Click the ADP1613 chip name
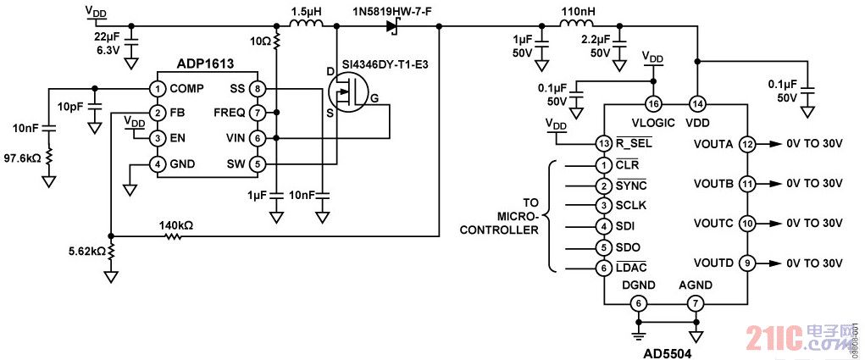[x=205, y=63]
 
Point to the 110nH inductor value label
[x=578, y=13]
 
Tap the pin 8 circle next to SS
[x=258, y=88]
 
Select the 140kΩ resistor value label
[x=176, y=226]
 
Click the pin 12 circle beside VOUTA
[x=746, y=144]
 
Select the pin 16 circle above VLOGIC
[x=652, y=104]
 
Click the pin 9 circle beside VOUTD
[x=746, y=262]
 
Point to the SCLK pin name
[x=632, y=206]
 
